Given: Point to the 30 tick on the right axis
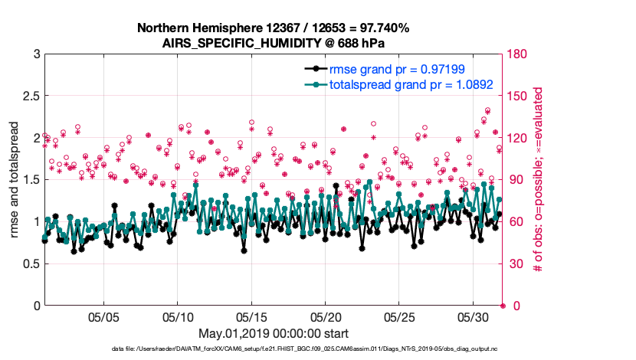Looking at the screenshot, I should tap(516, 264).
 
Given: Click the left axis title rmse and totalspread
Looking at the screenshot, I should tap(14, 179).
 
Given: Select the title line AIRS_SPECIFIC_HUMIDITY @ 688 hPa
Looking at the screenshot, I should tap(273, 43).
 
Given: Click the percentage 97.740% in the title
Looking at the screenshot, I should tap(382, 28).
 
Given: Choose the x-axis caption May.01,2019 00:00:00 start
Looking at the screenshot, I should tap(273, 333).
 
